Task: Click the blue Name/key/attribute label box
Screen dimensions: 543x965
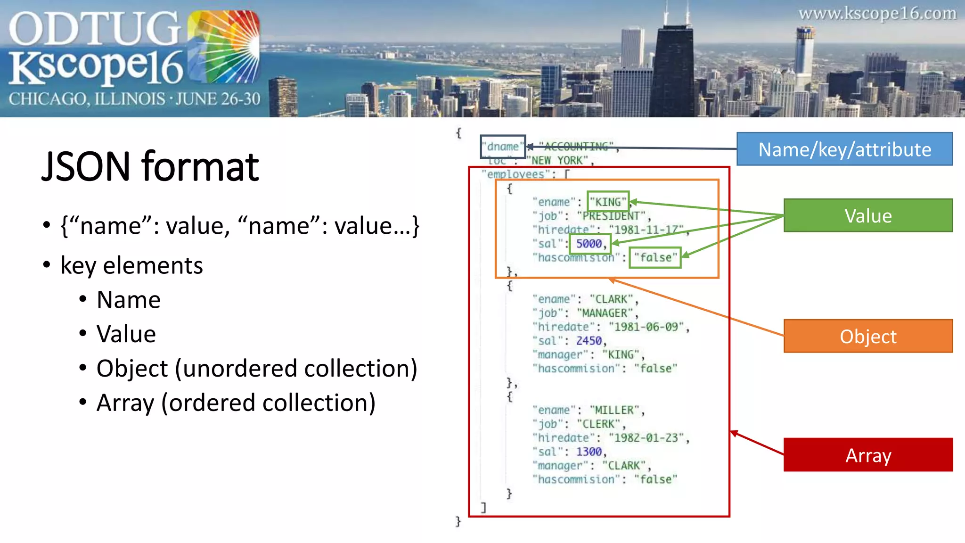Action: [844, 149]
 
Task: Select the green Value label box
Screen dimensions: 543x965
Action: [868, 215]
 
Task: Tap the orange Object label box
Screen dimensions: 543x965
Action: [868, 336]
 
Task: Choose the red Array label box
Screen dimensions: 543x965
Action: [868, 455]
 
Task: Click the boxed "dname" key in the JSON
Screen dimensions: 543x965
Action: [503, 147]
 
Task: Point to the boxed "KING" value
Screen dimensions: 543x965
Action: [608, 202]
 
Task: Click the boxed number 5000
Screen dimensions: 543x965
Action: [589, 244]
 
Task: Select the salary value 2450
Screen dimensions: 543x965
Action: [589, 341]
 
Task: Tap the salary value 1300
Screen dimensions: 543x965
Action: [589, 452]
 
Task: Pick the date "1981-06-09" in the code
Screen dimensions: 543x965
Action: [646, 327]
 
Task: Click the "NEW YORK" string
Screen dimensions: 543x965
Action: [557, 161]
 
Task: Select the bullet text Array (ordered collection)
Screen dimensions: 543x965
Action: [236, 403]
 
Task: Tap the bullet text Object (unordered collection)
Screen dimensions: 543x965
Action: [257, 369]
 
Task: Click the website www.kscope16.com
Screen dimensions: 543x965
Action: [877, 13]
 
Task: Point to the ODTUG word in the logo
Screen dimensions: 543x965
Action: [94, 28]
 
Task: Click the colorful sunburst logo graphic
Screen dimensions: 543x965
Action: [224, 47]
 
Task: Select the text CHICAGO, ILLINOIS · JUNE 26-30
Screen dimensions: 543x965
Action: [134, 99]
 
